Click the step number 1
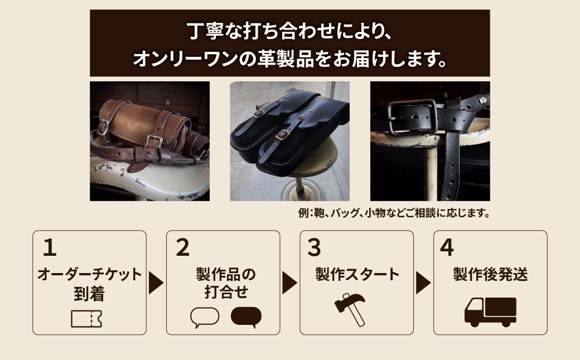pyautogui.click(x=50, y=248)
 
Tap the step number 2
pyautogui.click(x=183, y=248)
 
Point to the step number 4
pyautogui.click(x=447, y=248)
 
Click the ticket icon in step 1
pyautogui.click(x=86, y=318)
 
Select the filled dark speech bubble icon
pyautogui.click(x=246, y=317)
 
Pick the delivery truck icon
pyautogui.click(x=490, y=312)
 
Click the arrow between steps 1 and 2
pyautogui.click(x=156, y=283)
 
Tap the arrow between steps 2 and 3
pyautogui.click(x=289, y=283)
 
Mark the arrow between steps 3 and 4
pyautogui.click(x=423, y=283)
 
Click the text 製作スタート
pyautogui.click(x=357, y=274)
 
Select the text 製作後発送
pyautogui.click(x=490, y=274)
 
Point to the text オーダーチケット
pyautogui.click(x=89, y=275)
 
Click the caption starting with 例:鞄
pyautogui.click(x=394, y=213)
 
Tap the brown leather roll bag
pyautogui.click(x=146, y=123)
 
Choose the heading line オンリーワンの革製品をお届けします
pyautogui.click(x=289, y=58)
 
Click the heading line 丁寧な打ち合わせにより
pyautogui.click(x=289, y=29)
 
